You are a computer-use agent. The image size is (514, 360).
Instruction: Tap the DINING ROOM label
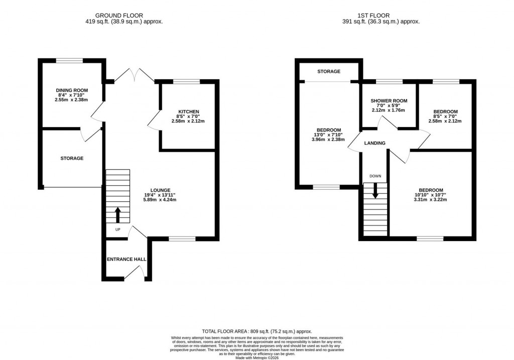click(72, 91)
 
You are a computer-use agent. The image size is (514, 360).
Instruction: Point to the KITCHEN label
click(189, 111)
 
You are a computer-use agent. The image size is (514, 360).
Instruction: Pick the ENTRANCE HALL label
click(126, 260)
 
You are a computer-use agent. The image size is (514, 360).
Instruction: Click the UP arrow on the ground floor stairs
click(118, 215)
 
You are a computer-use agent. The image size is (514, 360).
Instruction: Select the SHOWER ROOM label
click(389, 101)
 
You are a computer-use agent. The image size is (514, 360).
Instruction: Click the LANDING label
click(375, 143)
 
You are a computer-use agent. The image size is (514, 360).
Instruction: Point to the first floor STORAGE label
click(329, 72)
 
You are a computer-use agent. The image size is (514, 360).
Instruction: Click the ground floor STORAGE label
click(72, 158)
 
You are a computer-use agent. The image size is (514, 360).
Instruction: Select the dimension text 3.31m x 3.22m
click(430, 200)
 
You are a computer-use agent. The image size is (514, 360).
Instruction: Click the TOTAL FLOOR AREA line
click(256, 331)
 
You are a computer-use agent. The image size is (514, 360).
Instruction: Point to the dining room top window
click(69, 61)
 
